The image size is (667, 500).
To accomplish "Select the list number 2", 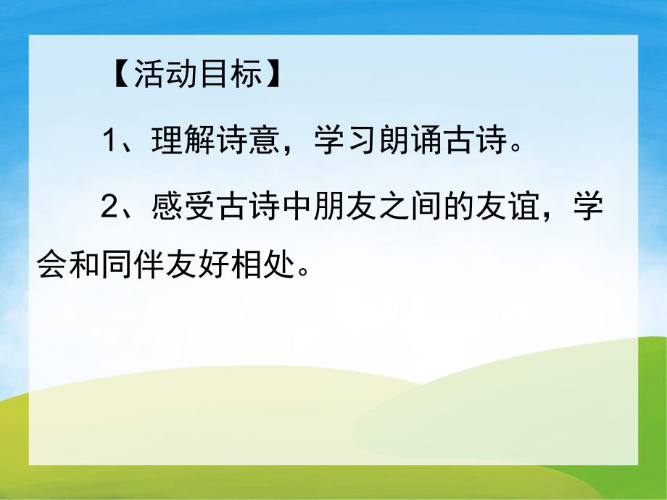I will [108, 207].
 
